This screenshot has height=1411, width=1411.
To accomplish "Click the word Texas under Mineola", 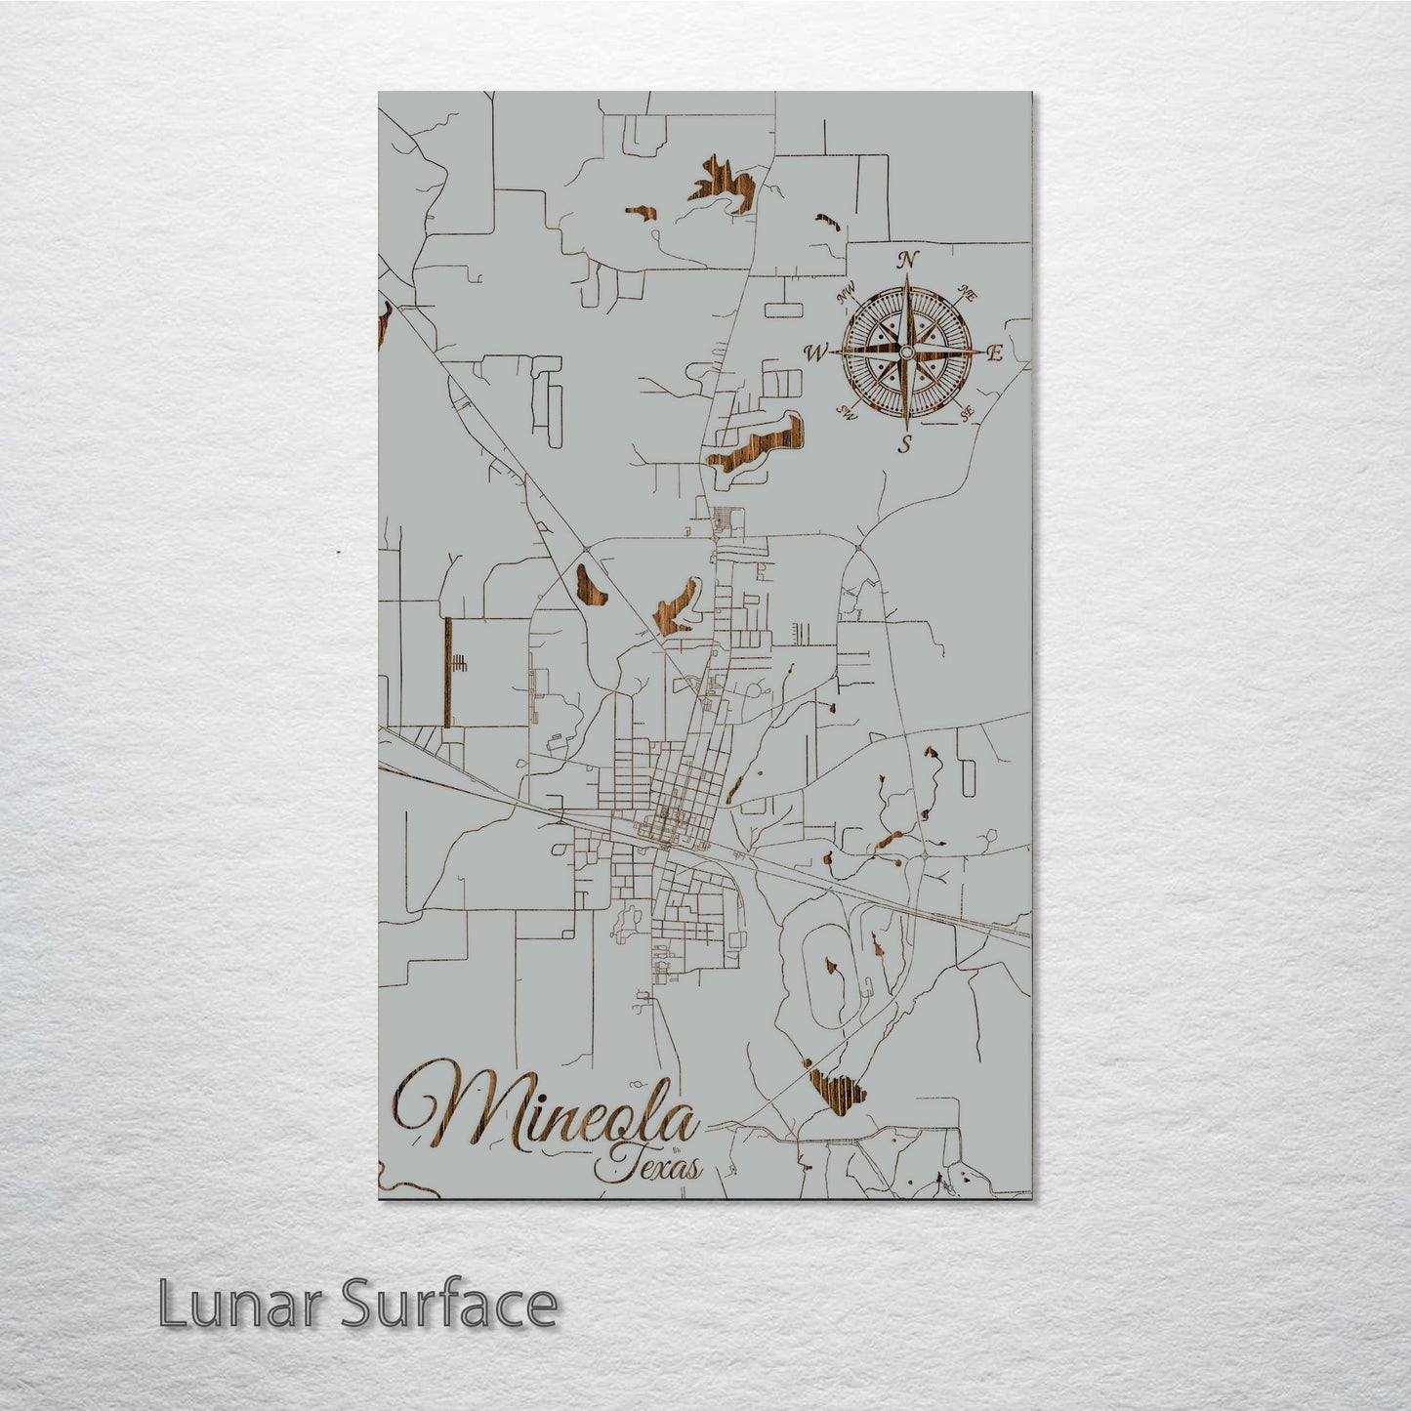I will click(653, 1166).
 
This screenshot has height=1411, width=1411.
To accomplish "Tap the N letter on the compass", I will click(907, 259).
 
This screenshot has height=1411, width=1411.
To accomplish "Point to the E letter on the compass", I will click(995, 353).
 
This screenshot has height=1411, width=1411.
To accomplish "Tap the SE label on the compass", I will click(968, 415).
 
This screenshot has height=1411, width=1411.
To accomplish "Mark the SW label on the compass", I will click(848, 415).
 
